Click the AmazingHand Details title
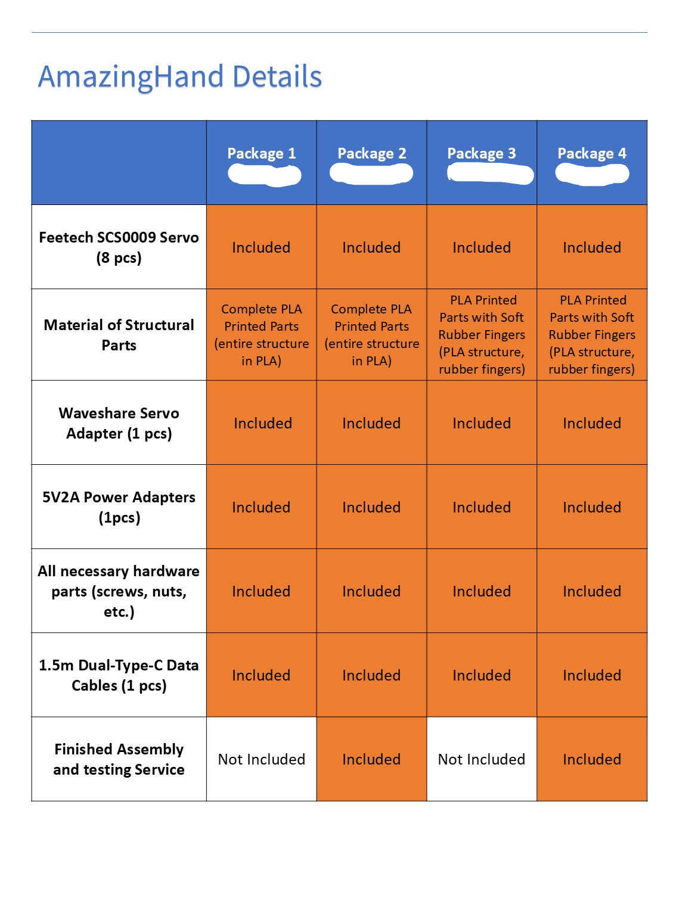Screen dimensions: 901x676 pos(179,77)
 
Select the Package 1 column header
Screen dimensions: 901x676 pos(261,153)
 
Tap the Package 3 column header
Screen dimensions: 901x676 pos(481,153)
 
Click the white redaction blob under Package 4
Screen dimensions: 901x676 pos(591,174)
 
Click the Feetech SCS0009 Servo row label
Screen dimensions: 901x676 pos(119,247)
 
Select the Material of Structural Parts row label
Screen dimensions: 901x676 pos(119,335)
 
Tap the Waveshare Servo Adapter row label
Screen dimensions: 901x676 pos(119,423)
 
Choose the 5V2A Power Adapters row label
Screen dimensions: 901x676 pos(119,507)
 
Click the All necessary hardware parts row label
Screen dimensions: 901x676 pos(119,591)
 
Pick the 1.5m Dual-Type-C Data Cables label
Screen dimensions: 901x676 pos(119,675)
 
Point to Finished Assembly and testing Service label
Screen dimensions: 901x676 pos(119,759)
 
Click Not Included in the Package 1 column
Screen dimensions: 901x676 pos(261,759)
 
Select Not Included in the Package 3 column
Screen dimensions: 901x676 pos(481,759)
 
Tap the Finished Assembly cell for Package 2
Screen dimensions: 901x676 pos(371,759)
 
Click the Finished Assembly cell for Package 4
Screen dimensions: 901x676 pos(591,759)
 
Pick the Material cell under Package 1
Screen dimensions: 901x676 pos(261,335)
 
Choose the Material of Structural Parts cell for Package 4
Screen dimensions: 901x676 pos(591,335)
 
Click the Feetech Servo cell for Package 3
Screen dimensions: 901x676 pos(481,247)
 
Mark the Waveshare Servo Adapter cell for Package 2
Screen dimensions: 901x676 pos(371,423)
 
